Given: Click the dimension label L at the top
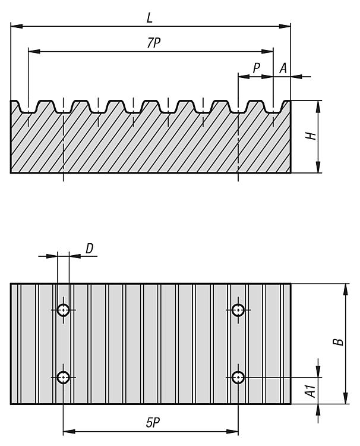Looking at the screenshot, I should click(150, 18).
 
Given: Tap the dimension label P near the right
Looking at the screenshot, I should click(256, 68).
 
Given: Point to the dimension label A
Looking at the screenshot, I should click(283, 68).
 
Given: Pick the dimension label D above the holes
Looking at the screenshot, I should click(89, 248).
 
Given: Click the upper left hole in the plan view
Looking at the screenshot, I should click(64, 310).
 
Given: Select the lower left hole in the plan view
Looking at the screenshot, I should click(64, 377).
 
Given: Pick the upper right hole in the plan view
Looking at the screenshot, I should click(238, 310).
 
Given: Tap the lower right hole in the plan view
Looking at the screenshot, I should click(238, 377).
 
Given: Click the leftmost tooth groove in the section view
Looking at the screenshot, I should click(28, 109).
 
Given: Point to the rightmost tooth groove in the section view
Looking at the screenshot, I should click(273, 109).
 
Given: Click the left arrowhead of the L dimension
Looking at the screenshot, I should click(14, 26).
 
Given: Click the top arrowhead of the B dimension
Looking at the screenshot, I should click(345, 288).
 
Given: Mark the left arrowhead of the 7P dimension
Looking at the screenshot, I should click(31, 52).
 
